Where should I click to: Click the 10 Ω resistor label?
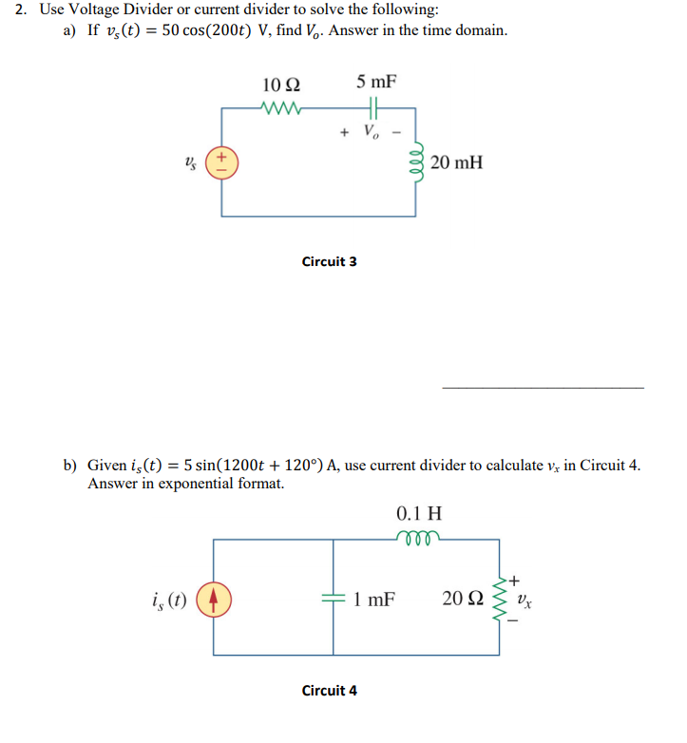(x=279, y=83)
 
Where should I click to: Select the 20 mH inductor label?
(x=456, y=162)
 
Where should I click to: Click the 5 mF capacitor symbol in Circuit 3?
(x=375, y=107)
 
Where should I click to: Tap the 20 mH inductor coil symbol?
(x=415, y=162)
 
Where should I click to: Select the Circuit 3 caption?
(x=329, y=261)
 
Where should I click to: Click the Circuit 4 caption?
(x=329, y=691)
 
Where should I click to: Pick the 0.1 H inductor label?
(x=418, y=514)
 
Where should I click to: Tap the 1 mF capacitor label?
(x=374, y=600)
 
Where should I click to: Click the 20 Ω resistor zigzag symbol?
(x=499, y=599)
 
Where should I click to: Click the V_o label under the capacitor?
(x=375, y=132)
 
